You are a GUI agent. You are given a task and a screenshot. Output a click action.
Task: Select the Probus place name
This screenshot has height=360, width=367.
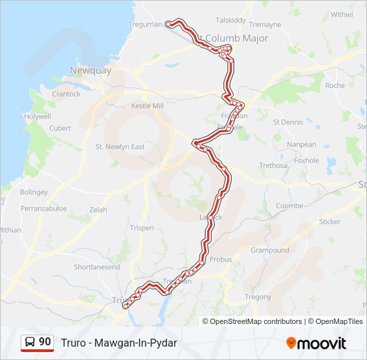221,259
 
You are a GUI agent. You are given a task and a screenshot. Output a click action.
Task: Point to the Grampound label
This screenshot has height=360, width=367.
270,250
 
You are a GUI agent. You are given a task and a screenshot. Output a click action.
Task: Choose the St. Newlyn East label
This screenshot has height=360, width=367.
120,147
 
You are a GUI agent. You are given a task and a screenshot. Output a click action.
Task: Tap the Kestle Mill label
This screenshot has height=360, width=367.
147,106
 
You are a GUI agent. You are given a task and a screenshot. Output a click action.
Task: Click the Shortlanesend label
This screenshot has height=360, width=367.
97,267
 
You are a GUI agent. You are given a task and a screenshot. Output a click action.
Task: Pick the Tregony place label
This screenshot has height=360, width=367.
258,297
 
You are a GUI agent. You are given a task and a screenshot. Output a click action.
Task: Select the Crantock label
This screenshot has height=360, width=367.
66,94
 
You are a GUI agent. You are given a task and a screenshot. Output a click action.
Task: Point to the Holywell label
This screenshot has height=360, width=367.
37,116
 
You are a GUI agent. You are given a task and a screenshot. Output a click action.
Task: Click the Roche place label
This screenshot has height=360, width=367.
335,85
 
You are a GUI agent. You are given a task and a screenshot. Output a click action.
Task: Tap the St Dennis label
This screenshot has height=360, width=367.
288,122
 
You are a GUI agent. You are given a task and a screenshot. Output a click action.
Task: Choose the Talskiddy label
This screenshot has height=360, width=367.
231,20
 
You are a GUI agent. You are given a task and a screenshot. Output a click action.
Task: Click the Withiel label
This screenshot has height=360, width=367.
342,14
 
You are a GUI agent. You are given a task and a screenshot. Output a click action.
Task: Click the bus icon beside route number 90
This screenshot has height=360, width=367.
30,343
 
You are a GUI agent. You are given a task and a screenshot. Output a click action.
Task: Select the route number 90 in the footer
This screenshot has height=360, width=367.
45,342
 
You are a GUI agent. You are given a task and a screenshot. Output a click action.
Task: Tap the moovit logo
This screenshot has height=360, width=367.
316,343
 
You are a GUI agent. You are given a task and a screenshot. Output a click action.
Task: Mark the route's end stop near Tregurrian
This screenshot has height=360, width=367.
168,24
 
